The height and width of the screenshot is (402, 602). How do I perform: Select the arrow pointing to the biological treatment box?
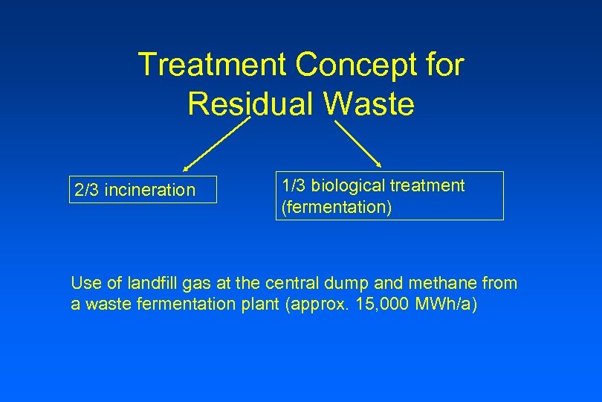[357, 144]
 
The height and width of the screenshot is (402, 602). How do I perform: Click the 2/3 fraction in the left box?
[87, 191]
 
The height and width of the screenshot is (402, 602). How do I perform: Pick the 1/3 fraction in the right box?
[293, 185]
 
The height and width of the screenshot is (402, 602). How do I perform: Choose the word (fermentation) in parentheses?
[335, 206]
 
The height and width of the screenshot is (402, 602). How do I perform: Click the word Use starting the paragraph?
[84, 283]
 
